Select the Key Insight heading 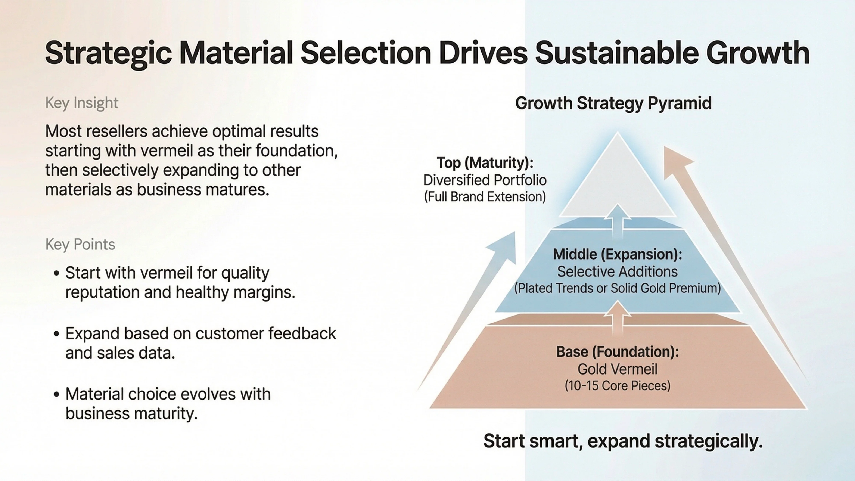(82, 103)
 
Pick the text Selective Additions (617, 271)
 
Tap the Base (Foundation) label (617, 352)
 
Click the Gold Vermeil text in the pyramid (617, 369)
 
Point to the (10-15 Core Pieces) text (617, 386)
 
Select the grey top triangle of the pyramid (617, 186)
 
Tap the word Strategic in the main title (108, 53)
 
